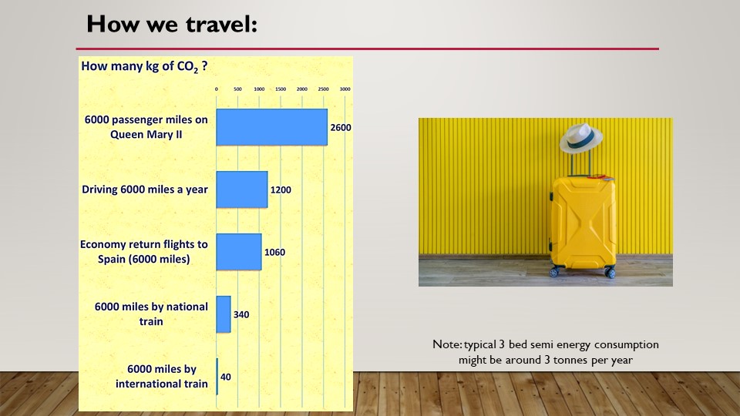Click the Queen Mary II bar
coord(272,127)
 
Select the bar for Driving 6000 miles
coord(241,190)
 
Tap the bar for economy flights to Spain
coord(239,252)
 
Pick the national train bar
coord(224,314)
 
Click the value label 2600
coord(340,127)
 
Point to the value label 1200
coord(281,190)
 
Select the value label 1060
coord(274,252)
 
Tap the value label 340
coord(241,314)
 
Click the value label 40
coord(226,377)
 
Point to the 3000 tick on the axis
coord(345,89)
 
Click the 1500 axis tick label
coord(281,89)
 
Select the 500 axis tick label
coord(237,89)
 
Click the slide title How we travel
coord(172,24)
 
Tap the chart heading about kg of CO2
coord(144,66)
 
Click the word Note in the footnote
coord(447,344)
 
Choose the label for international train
coord(161,377)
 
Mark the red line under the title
coord(367,49)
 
